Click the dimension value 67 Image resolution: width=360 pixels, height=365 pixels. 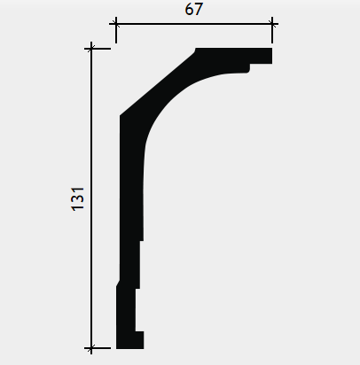[x=194, y=9]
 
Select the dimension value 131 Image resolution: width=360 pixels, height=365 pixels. [x=78, y=199]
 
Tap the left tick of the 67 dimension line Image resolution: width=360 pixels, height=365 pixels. [x=116, y=24]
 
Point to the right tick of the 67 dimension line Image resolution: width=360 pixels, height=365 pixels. [x=272, y=24]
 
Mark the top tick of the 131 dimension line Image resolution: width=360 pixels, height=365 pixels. [x=91, y=49]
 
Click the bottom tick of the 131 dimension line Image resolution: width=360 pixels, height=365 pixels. [x=91, y=348]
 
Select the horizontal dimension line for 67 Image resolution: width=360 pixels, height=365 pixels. [x=194, y=24]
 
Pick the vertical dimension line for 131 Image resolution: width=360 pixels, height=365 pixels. [x=91, y=198]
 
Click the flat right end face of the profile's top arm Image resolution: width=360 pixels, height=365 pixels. [x=271, y=56]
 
